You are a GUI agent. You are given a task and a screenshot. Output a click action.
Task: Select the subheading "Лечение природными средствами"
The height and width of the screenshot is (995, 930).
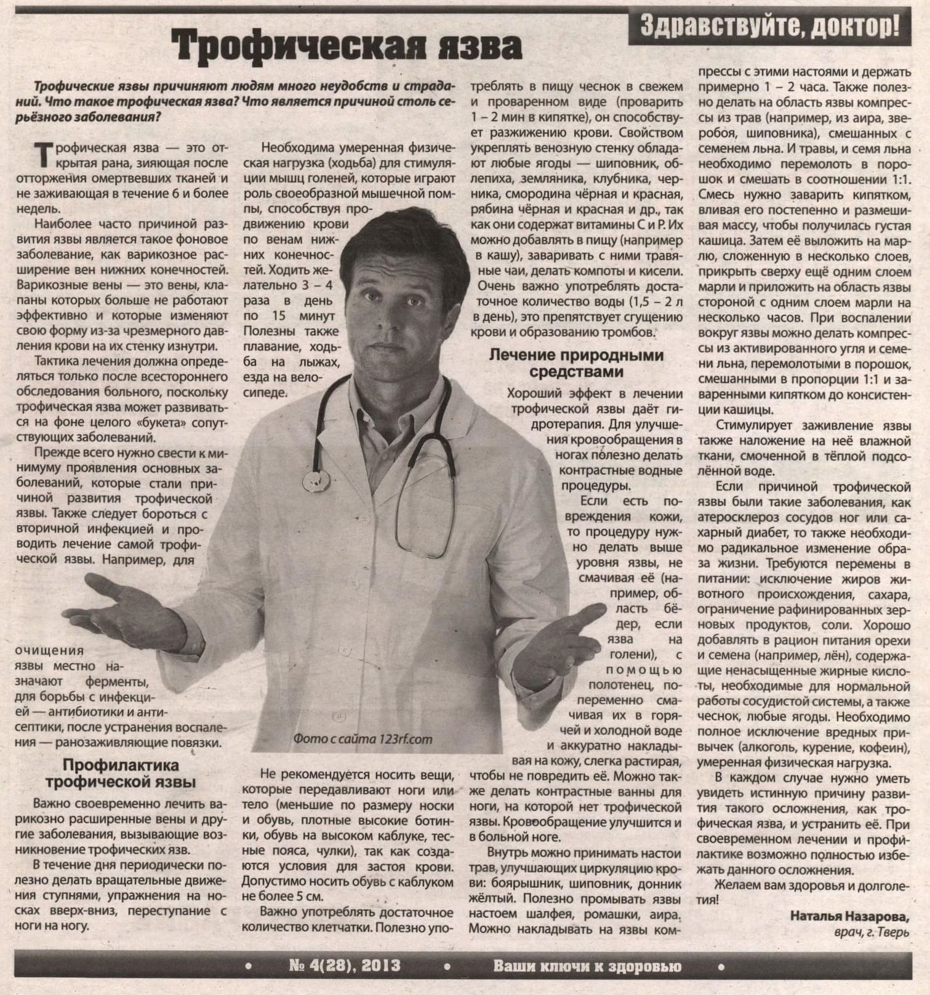[576, 363]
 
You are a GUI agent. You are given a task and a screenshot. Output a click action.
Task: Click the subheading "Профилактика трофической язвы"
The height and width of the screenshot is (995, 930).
[121, 774]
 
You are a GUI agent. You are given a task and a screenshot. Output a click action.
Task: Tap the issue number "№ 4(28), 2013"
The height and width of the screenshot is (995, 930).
[345, 966]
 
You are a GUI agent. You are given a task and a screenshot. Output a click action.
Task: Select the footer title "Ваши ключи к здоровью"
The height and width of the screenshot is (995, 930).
[587, 967]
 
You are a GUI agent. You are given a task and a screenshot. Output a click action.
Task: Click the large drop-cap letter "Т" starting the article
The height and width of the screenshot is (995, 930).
[44, 154]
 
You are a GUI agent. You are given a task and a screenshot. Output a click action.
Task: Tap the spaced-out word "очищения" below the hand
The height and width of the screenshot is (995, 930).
[49, 651]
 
